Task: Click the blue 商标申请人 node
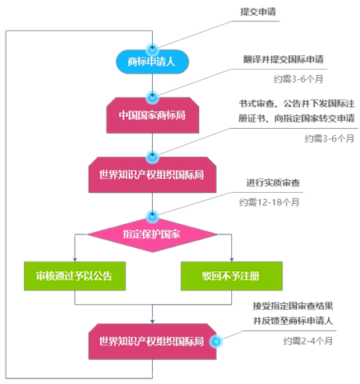(x=152, y=62)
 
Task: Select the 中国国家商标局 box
(x=153, y=115)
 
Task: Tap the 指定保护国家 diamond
(x=152, y=234)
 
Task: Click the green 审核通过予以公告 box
(x=74, y=276)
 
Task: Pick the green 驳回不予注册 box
(x=231, y=276)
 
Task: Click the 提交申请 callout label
(x=258, y=12)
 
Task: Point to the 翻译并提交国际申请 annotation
(x=283, y=59)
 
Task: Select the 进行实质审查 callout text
(x=273, y=182)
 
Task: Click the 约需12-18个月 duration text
(x=269, y=202)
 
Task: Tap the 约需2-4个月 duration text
(x=308, y=341)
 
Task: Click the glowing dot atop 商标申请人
(x=153, y=50)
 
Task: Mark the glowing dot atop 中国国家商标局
(x=153, y=98)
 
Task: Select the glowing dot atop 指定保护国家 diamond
(x=153, y=216)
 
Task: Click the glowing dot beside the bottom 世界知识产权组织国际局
(x=216, y=342)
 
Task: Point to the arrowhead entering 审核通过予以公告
(x=74, y=260)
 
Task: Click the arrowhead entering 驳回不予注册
(x=231, y=260)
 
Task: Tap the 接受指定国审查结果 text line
(x=293, y=306)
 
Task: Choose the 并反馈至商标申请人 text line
(x=293, y=321)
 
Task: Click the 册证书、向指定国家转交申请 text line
(x=297, y=118)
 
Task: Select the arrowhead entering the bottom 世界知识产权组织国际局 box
(x=152, y=322)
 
